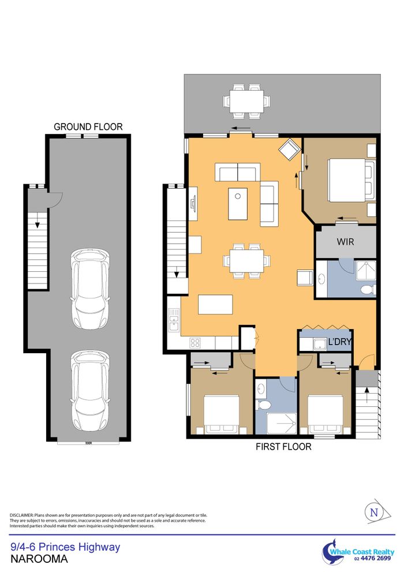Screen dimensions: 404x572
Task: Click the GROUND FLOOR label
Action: pyautogui.click(x=88, y=126)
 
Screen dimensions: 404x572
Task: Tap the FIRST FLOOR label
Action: pyautogui.click(x=283, y=447)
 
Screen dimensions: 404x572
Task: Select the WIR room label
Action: pyautogui.click(x=345, y=241)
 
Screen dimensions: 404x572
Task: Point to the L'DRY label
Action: pyautogui.click(x=339, y=342)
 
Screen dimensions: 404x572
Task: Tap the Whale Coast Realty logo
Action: pyautogui.click(x=358, y=552)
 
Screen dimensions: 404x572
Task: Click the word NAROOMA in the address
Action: pyautogui.click(x=39, y=559)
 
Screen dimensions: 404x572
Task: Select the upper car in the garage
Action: pyautogui.click(x=90, y=289)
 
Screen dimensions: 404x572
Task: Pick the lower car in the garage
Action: pyautogui.click(x=90, y=391)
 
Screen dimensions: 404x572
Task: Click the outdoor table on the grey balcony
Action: pyautogui.click(x=247, y=102)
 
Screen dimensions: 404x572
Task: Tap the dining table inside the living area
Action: pyautogui.click(x=247, y=261)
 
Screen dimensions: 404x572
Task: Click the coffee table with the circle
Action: pyautogui.click(x=238, y=204)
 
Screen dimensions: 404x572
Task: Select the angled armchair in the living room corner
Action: pyautogui.click(x=290, y=149)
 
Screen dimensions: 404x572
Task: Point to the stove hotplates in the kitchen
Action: pyautogui.click(x=195, y=342)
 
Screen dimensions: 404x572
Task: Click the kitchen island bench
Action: pyautogui.click(x=215, y=304)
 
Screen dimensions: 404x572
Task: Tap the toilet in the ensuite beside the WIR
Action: pyautogui.click(x=368, y=289)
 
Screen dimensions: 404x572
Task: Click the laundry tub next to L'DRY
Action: pyautogui.click(x=320, y=344)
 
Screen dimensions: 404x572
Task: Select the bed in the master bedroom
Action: pyautogui.click(x=351, y=180)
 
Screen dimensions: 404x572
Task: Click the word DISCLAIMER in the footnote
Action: pyautogui.click(x=21, y=515)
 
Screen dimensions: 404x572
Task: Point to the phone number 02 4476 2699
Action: pyautogui.click(x=372, y=559)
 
